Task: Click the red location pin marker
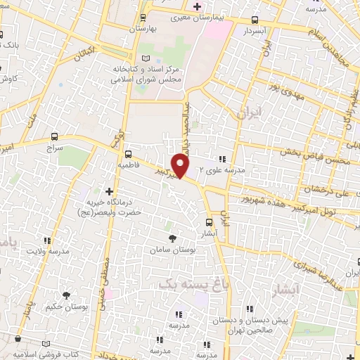coord(181,166)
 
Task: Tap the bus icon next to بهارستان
coord(143,18)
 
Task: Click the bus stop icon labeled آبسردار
coord(254,21)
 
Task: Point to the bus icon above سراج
coord(54,137)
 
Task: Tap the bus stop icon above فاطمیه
coord(128,154)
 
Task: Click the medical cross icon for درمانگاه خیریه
coord(109,191)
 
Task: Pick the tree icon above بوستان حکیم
coord(67,295)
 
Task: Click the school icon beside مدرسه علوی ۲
coord(223,160)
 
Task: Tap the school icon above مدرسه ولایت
coord(49,240)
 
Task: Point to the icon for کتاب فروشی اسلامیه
coord(49,344)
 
